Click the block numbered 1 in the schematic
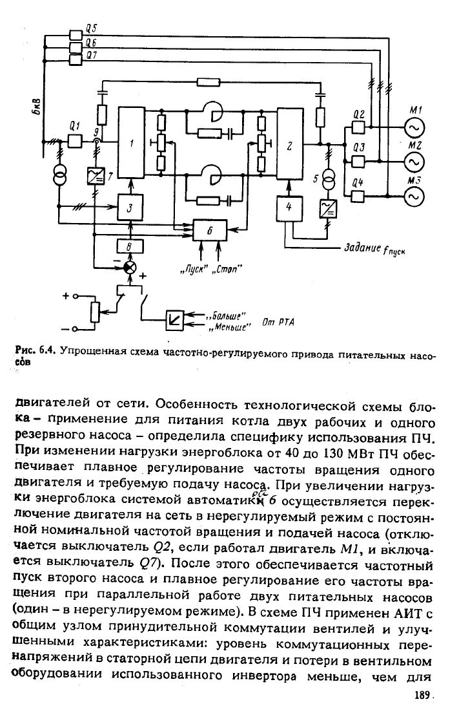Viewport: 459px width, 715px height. click(132, 144)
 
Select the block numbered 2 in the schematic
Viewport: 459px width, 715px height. click(290, 144)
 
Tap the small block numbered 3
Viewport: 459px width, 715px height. click(130, 208)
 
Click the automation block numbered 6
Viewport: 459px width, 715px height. click(209, 231)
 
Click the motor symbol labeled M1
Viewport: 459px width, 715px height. click(414, 129)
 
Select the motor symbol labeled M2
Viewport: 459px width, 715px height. click(414, 162)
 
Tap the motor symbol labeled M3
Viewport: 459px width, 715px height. click(414, 196)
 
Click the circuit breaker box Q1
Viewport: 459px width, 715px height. click(75, 142)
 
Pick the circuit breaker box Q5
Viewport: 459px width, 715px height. click(75, 35)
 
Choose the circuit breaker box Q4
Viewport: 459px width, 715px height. click(358, 196)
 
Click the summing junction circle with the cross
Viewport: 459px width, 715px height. click(130, 268)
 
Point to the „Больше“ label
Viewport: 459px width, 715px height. click(227, 315)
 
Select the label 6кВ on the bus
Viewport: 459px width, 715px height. click(37, 106)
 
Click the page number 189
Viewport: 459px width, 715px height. click(422, 696)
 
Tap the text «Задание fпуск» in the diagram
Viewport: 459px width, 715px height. click(374, 249)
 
